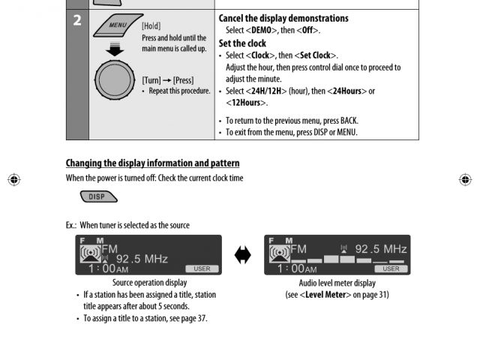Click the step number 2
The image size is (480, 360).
click(x=76, y=20)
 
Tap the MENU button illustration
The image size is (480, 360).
click(x=115, y=31)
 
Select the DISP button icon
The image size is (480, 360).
click(x=97, y=197)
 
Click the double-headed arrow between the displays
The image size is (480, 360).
click(x=242, y=255)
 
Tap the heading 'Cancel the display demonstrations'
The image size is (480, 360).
click(x=283, y=18)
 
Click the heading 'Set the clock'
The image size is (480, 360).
click(x=241, y=43)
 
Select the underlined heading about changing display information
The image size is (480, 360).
click(x=152, y=163)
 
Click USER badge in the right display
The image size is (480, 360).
click(x=391, y=268)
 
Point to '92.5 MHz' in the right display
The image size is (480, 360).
click(x=380, y=249)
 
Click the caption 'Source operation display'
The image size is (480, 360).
click(x=149, y=283)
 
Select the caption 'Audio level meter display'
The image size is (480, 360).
click(x=337, y=283)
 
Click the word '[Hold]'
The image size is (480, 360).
click(x=151, y=25)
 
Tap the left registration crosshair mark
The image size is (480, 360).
click(x=14, y=180)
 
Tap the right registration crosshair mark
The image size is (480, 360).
click(x=465, y=180)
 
